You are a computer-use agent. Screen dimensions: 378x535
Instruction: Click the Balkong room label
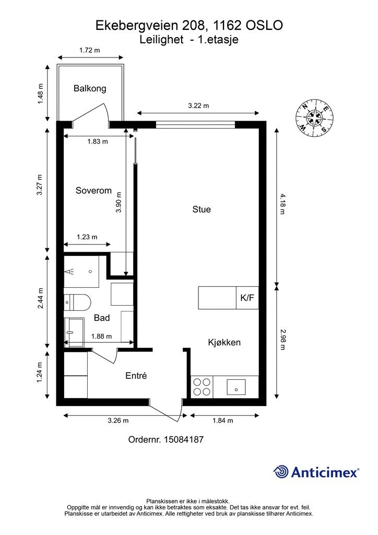point(90,89)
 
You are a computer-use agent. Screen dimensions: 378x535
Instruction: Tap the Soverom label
point(94,190)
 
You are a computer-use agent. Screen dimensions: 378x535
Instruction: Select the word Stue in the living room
point(202,209)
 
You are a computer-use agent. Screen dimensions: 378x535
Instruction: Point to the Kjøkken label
point(225,342)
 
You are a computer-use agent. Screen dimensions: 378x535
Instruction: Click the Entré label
point(136,376)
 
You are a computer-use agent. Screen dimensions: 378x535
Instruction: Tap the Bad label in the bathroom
point(102,318)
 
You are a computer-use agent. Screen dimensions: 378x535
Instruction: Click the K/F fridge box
point(247,298)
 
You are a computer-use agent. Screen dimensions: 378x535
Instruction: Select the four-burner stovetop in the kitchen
point(202,387)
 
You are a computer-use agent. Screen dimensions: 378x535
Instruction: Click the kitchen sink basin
point(236,387)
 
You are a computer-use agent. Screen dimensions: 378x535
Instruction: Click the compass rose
point(314,117)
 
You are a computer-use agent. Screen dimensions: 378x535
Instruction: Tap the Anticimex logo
point(316,472)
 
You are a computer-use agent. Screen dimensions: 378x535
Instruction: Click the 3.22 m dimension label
point(198,106)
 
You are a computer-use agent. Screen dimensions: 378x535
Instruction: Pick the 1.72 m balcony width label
point(90,50)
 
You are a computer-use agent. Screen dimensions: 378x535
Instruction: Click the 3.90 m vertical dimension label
point(119,202)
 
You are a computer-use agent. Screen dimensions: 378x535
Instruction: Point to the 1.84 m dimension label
point(223,421)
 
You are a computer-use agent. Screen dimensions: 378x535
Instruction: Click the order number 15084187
point(184,439)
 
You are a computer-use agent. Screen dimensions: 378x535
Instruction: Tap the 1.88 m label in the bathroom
point(102,336)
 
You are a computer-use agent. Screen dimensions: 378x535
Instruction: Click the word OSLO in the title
point(264,26)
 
